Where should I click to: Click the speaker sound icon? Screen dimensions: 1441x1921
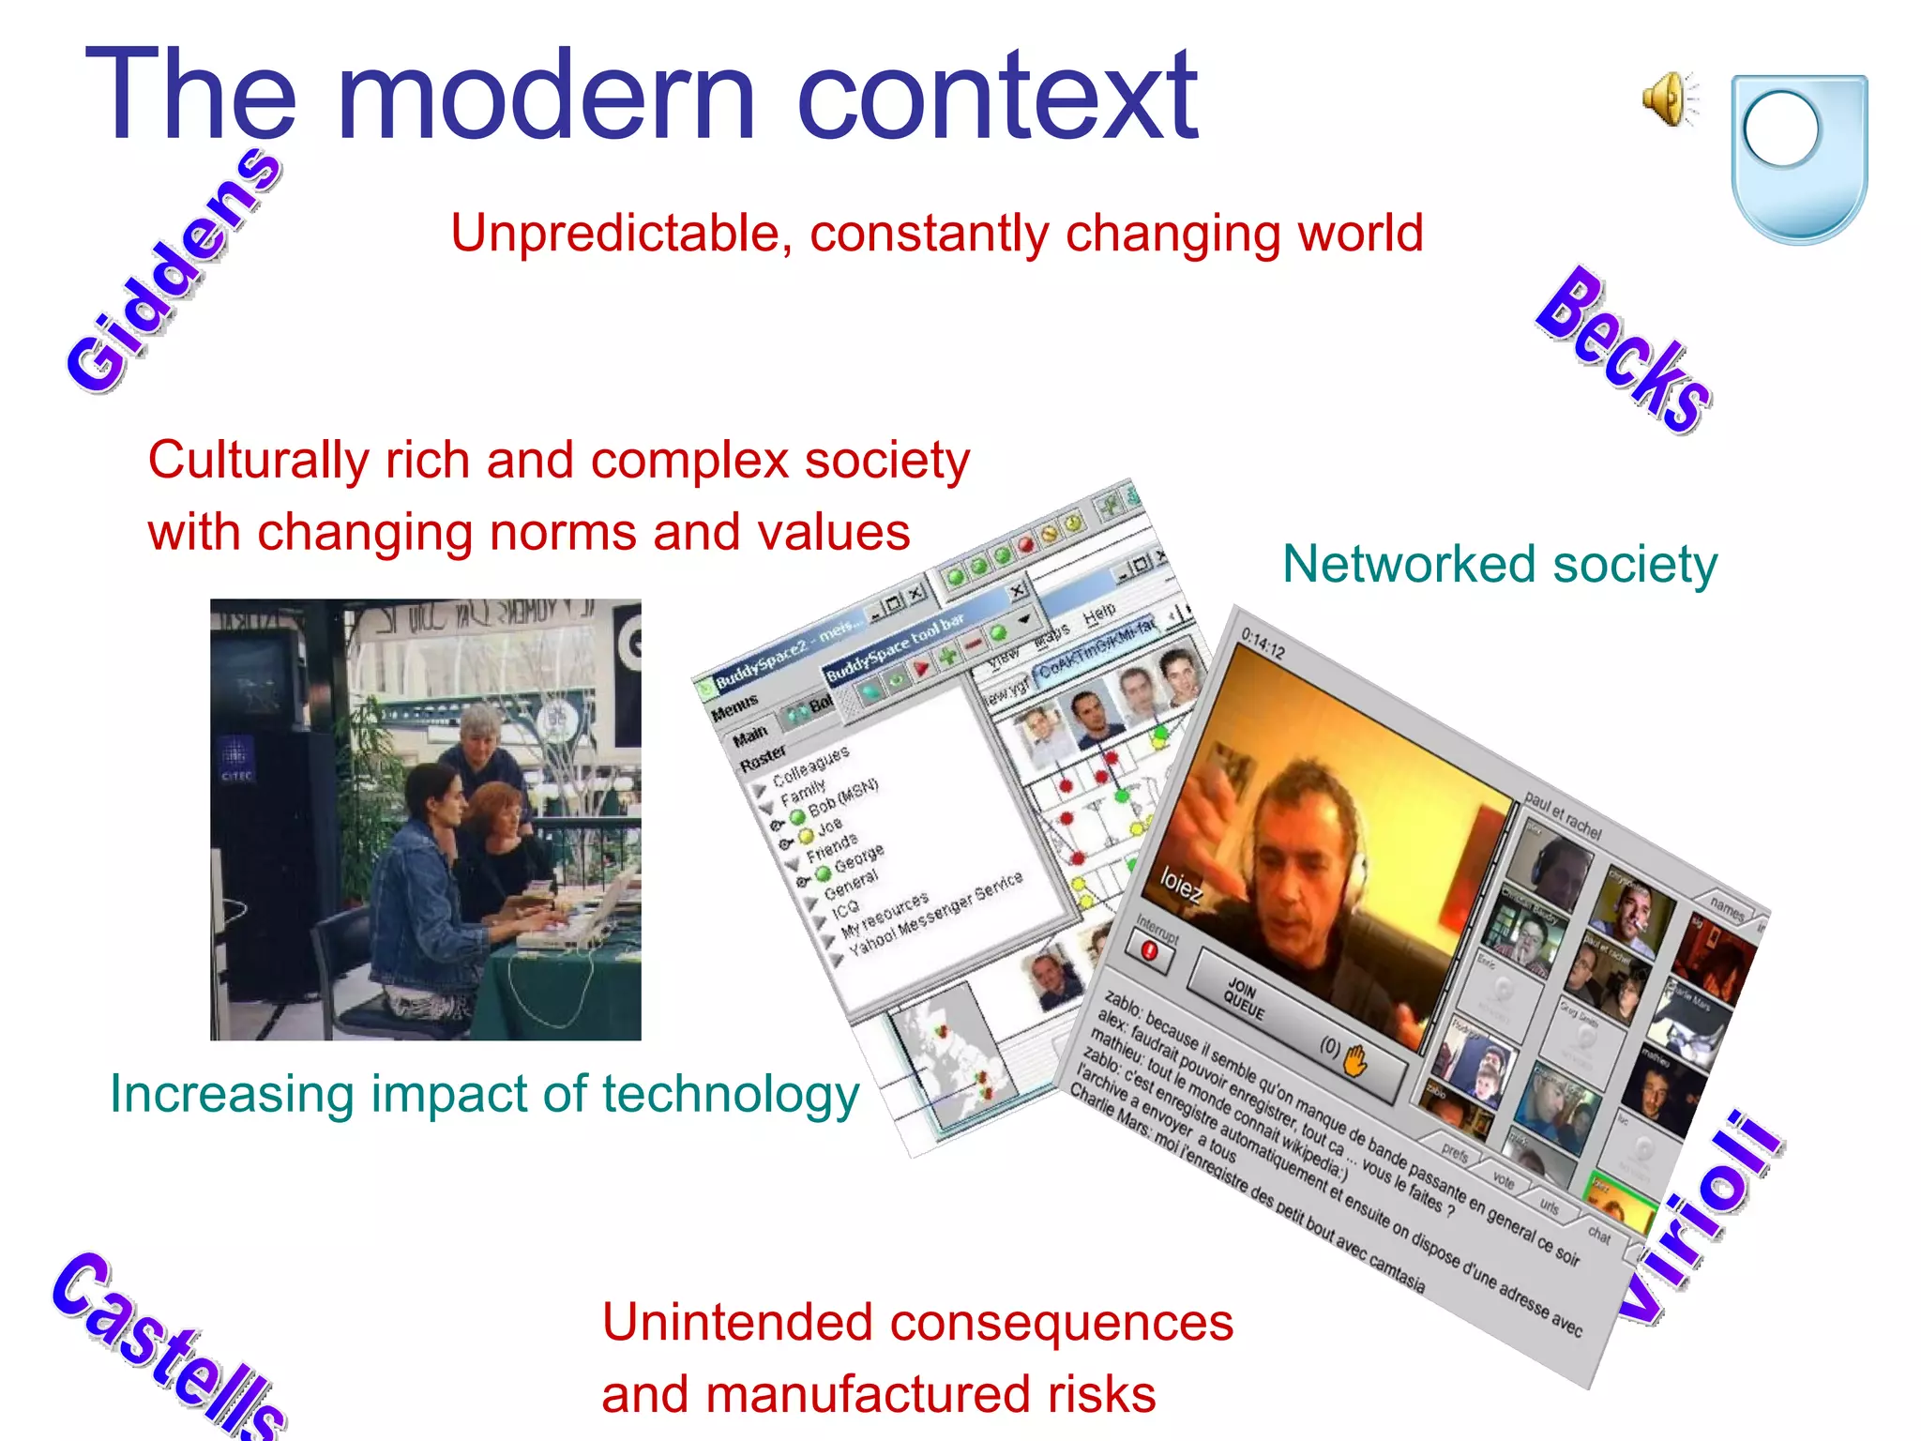click(1669, 99)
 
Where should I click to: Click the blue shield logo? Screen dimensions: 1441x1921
click(1798, 158)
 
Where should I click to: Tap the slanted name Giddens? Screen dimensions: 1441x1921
click(174, 272)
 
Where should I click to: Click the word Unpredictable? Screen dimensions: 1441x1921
click(613, 234)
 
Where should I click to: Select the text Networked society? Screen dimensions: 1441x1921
click(1499, 565)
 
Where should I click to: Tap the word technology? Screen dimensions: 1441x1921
click(730, 1094)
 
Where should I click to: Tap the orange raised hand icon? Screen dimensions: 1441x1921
click(1355, 1062)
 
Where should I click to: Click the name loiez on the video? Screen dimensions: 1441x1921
click(1180, 886)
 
